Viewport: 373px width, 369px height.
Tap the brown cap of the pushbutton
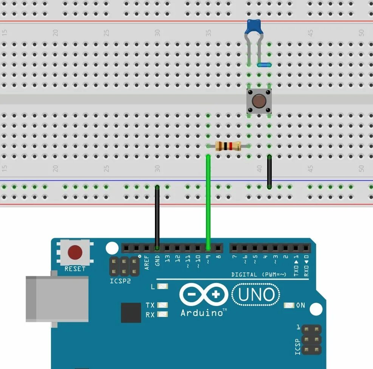coord(258,101)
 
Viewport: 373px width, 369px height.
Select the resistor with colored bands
coord(228,146)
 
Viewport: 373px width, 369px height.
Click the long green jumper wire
coord(208,204)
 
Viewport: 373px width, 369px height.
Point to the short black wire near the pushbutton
coord(269,172)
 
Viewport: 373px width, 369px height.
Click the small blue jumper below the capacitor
coord(264,65)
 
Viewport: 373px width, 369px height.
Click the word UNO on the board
coord(256,295)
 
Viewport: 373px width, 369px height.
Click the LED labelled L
coord(163,286)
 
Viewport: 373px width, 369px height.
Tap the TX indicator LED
coord(163,305)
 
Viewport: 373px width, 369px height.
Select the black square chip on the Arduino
coord(131,313)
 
